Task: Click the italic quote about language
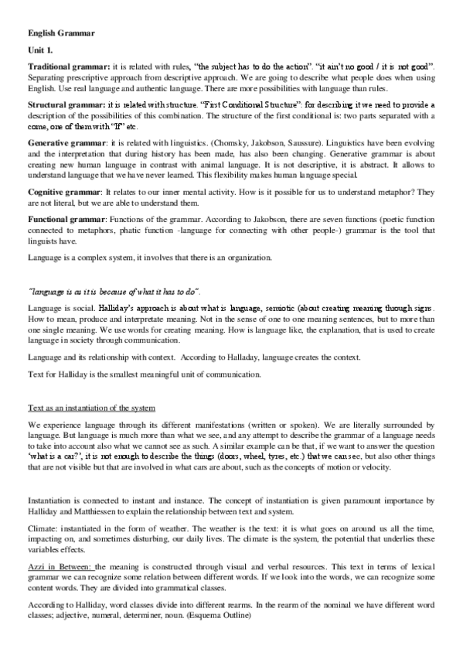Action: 114,292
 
